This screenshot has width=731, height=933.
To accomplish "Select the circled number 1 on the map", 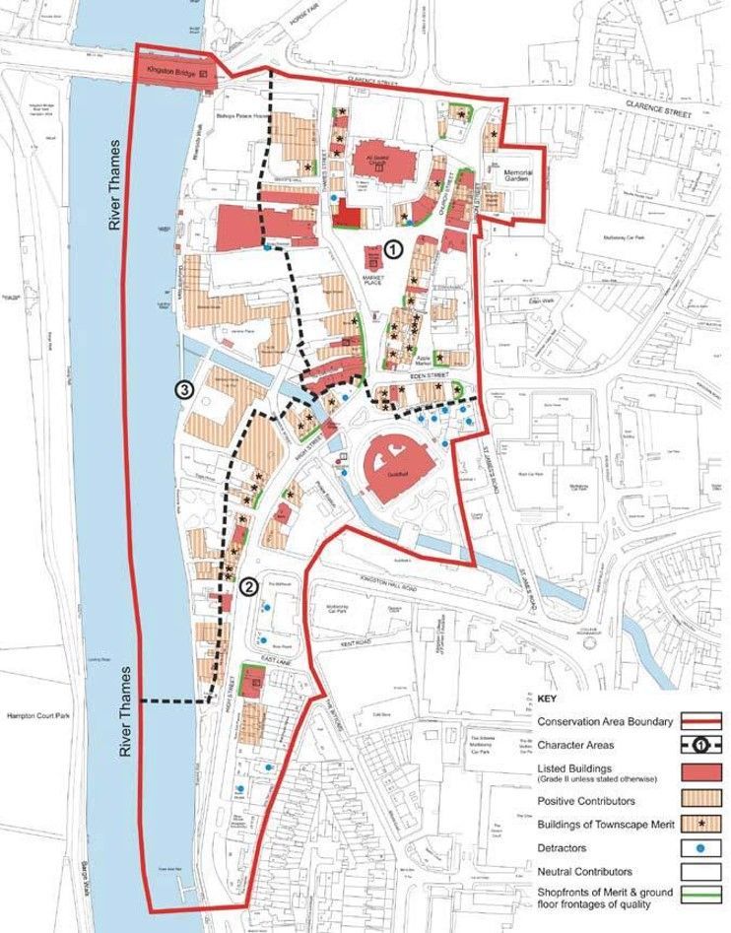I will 393,250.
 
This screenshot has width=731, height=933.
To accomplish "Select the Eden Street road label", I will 408,376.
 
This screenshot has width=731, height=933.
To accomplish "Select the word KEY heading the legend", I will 548,699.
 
